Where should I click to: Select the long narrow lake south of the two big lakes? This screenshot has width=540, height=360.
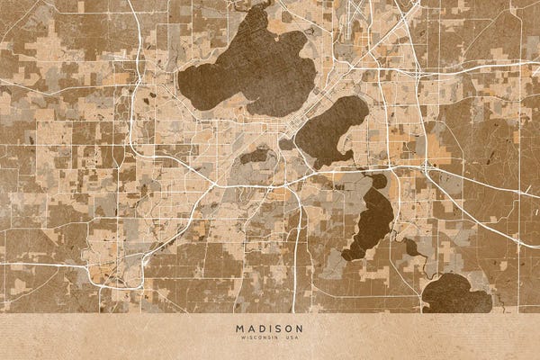[371, 220]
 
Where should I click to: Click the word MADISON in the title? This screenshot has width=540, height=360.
[269, 328]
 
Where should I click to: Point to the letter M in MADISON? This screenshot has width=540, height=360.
[239, 328]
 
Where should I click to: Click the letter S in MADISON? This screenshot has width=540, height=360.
[277, 328]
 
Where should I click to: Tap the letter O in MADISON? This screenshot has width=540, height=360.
[288, 328]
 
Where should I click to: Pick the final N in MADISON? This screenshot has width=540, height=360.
[300, 328]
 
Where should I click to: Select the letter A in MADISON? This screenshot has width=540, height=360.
[249, 328]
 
